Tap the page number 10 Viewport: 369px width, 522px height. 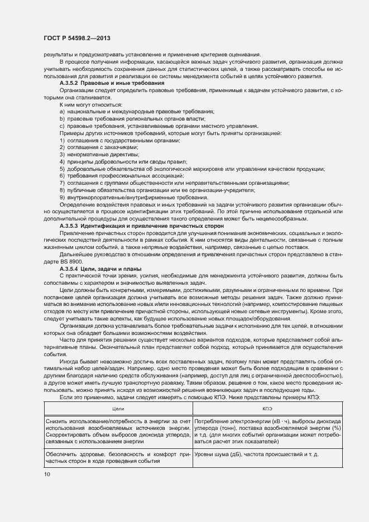(x=46, y=475)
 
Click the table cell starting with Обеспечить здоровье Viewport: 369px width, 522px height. (x=118, y=458)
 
